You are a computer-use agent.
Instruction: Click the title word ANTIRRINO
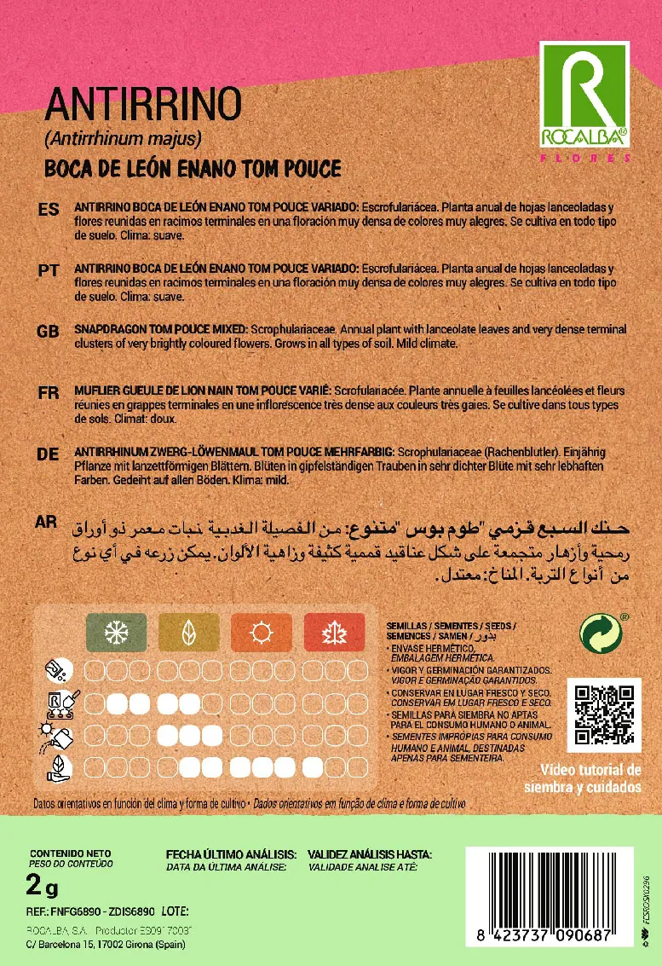coord(143,105)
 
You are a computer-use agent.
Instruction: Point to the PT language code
coord(49,270)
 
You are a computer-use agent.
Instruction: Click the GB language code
coord(49,331)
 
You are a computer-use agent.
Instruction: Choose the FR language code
coord(49,393)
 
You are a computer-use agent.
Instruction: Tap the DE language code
coord(49,454)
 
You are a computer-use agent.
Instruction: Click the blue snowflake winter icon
coord(116,633)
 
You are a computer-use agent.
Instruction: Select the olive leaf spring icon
coord(188,633)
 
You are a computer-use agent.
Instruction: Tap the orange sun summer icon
coord(261,633)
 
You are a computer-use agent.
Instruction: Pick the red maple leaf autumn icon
coord(333,633)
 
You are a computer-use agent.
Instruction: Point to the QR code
coord(603,715)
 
